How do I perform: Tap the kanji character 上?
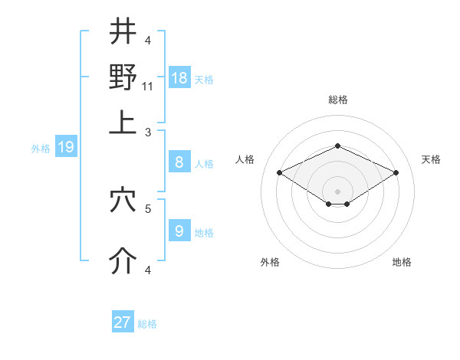(123, 123)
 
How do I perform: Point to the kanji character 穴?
(123, 201)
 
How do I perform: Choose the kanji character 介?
(123, 261)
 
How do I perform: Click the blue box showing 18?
(179, 78)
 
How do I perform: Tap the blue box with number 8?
(179, 162)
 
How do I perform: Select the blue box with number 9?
(179, 231)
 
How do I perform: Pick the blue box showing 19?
(66, 147)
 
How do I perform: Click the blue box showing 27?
(123, 322)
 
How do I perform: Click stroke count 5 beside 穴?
(149, 208)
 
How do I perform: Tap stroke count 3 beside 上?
(149, 132)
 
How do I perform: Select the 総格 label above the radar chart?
(337, 100)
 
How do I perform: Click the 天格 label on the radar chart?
(431, 159)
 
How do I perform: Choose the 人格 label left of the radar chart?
(245, 159)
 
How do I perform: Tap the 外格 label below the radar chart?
(270, 262)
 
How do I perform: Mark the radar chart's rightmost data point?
(396, 172)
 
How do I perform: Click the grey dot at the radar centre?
(337, 191)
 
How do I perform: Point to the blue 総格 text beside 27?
(147, 324)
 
